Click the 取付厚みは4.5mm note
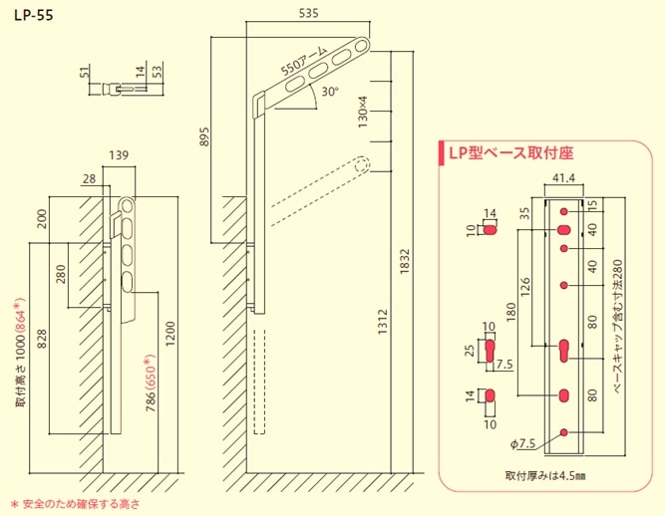tap(545, 475)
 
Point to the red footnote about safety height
tap(75, 503)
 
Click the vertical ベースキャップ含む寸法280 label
tap(618, 324)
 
